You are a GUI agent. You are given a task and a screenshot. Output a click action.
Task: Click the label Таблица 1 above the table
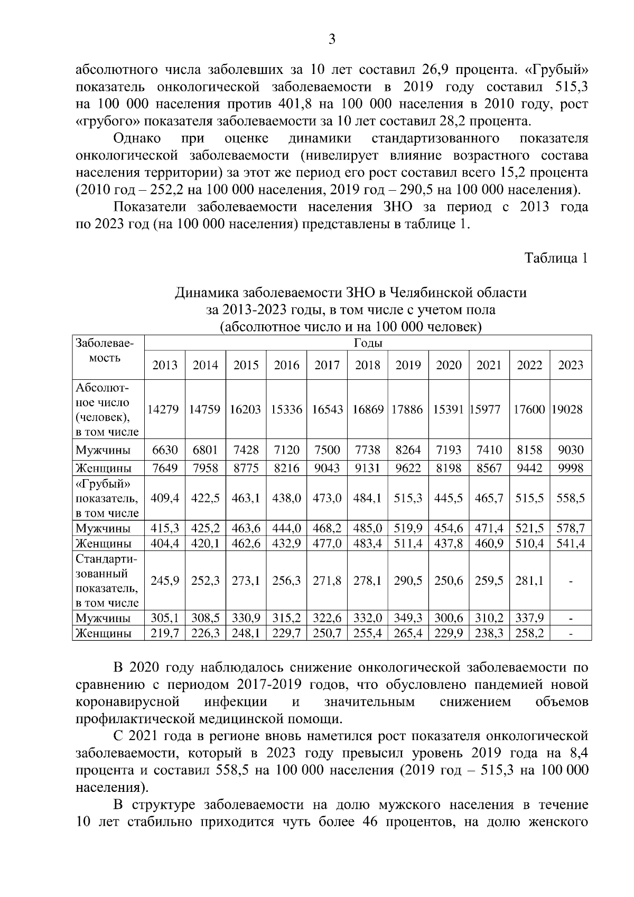coord(556,258)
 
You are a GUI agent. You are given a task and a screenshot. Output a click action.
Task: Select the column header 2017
coord(327,365)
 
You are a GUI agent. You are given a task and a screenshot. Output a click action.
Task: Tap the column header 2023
coord(571,365)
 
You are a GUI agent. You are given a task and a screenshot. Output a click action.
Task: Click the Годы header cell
coord(368,343)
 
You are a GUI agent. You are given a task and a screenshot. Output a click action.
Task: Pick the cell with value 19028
coord(567,409)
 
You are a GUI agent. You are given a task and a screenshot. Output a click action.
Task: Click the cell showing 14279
coord(164,409)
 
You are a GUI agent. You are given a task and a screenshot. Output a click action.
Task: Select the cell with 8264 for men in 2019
coord(408,450)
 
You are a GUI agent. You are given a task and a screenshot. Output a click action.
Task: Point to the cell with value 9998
coord(571,468)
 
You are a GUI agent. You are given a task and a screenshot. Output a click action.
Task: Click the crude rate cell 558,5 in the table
coord(571,498)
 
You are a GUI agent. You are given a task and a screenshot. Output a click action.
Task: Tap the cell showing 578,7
coord(571,528)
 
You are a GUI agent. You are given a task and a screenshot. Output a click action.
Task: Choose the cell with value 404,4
coord(164,543)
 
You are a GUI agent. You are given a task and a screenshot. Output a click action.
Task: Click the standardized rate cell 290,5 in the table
coord(408,581)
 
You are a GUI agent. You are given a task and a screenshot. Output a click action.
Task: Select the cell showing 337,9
coord(529,618)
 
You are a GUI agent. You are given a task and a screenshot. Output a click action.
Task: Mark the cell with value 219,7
coord(164,633)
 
